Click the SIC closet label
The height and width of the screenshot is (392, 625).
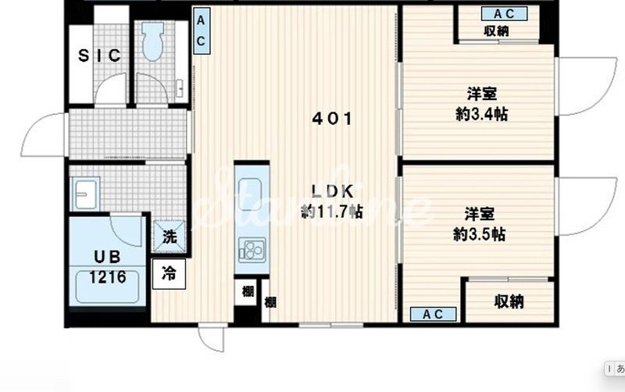click(x=99, y=55)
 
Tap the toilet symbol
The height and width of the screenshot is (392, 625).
click(x=153, y=41)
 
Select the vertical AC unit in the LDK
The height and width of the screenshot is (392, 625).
click(x=202, y=30)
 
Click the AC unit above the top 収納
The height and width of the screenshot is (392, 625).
click(x=504, y=14)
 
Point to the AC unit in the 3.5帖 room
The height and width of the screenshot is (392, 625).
click(x=433, y=315)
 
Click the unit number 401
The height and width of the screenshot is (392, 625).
click(x=332, y=119)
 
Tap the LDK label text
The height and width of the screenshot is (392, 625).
click(x=332, y=191)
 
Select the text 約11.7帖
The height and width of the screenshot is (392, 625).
click(x=332, y=212)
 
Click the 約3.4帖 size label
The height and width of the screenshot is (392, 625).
click(x=481, y=115)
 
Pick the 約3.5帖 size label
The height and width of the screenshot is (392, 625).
click(x=480, y=234)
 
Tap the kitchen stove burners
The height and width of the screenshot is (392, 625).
click(x=252, y=250)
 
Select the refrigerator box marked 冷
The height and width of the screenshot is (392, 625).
click(x=169, y=273)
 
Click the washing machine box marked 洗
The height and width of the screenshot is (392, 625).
click(x=170, y=237)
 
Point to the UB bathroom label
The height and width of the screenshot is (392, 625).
click(x=107, y=257)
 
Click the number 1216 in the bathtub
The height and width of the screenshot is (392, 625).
click(x=108, y=277)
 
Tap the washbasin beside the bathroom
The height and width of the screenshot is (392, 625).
click(x=84, y=194)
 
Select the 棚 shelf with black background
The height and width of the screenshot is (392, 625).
click(x=248, y=292)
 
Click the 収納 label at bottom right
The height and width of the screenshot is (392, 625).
click(x=509, y=301)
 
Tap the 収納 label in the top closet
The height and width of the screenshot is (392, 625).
click(x=496, y=30)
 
